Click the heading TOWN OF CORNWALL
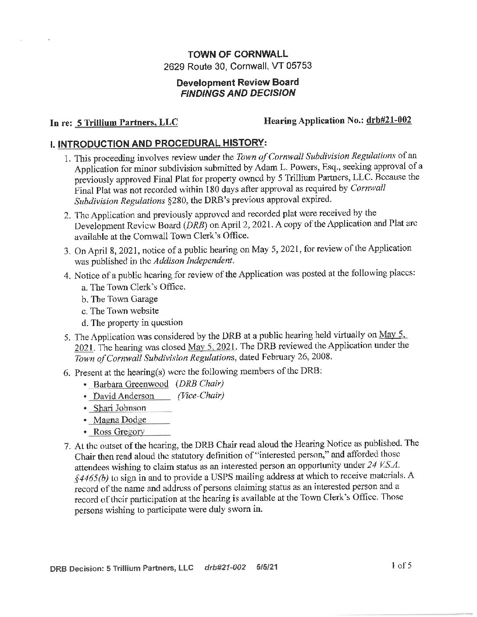click(x=238, y=54)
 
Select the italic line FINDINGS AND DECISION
click(x=238, y=93)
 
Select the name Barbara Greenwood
click(x=131, y=384)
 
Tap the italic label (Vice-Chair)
click(x=201, y=396)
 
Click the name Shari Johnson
click(x=119, y=408)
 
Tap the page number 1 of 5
click(x=402, y=565)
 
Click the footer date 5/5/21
click(x=267, y=567)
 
